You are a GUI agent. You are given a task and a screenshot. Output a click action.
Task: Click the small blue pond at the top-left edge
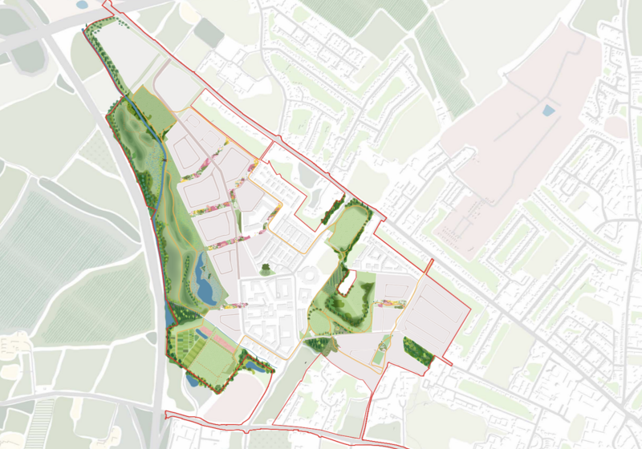82,5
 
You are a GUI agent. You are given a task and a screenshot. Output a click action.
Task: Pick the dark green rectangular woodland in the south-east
417,350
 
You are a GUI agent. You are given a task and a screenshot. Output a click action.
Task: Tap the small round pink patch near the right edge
616,127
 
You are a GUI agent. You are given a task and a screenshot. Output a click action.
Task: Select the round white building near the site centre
309,277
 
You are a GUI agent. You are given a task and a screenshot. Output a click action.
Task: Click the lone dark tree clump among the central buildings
265,271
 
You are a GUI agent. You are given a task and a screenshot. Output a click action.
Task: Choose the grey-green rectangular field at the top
208,32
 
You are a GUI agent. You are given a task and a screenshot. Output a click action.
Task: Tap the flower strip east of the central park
387,304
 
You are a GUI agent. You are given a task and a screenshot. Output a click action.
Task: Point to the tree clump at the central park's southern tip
319,345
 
